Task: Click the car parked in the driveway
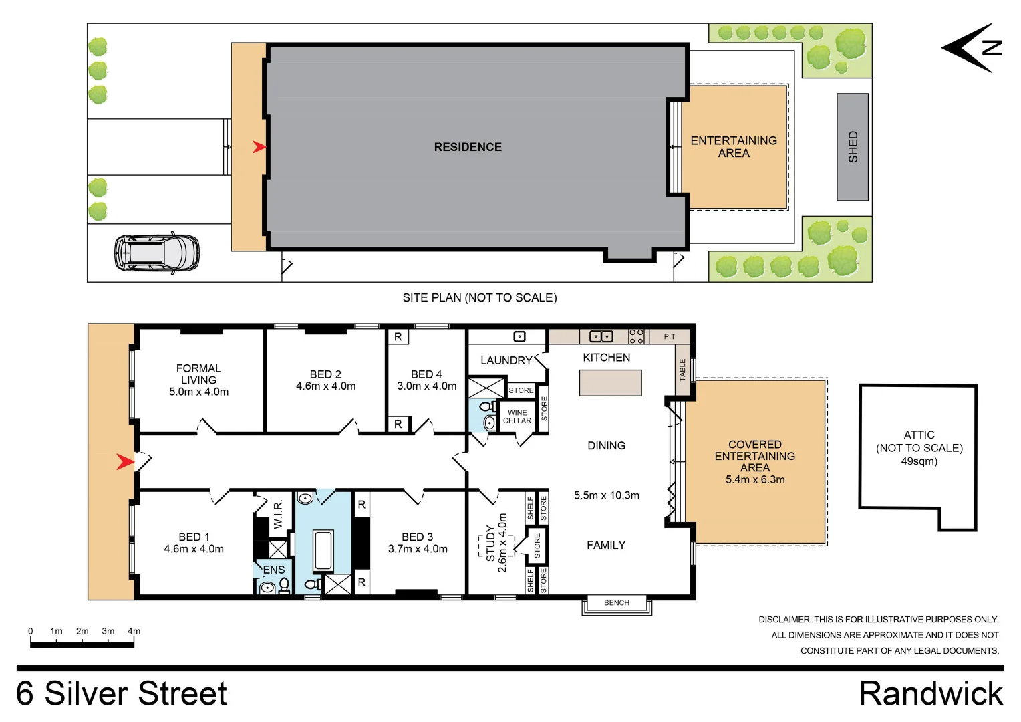[157, 253]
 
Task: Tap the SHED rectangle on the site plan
[853, 147]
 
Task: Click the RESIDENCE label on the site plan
[468, 147]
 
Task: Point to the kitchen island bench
[610, 383]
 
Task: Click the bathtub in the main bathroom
[323, 551]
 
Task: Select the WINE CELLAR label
[517, 417]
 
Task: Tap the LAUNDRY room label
[506, 360]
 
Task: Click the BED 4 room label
[426, 374]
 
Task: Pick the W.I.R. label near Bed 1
[279, 514]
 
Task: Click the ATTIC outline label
[919, 435]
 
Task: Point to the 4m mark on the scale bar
[134, 631]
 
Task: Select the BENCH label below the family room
[616, 603]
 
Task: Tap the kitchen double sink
[601, 336]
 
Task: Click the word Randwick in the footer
[930, 694]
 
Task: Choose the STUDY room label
[491, 543]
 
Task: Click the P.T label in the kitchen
[669, 337]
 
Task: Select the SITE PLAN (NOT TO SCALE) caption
[479, 298]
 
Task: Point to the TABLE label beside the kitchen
[682, 370]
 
